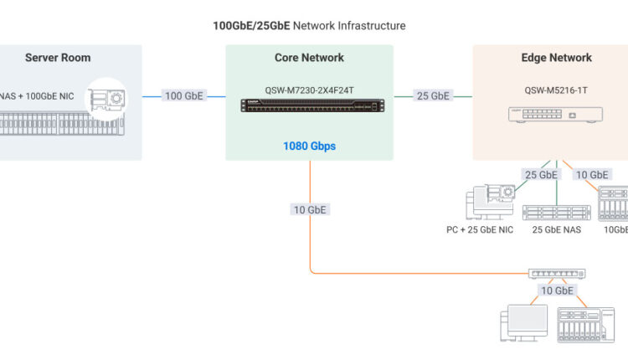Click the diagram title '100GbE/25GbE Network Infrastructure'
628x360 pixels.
coord(309,26)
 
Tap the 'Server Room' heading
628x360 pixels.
coord(58,58)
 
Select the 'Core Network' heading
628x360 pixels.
coord(309,58)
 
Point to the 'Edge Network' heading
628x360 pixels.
coord(556,58)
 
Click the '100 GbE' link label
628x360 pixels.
coord(184,95)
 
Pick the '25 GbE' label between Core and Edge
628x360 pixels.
coord(433,95)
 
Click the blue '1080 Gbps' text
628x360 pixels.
coord(309,147)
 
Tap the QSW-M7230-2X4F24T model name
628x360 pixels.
coord(309,90)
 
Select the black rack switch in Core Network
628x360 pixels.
coord(312,105)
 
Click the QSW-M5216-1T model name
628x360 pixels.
coord(556,90)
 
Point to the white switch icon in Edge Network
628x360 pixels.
coord(555,115)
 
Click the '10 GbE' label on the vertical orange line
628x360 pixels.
coord(310,210)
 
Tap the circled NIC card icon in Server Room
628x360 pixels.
coord(106,99)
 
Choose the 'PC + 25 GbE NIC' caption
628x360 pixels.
coord(480,230)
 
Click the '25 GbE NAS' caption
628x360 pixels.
coord(556,230)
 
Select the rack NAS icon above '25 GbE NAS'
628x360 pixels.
coord(556,213)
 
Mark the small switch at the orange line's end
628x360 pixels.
coord(557,274)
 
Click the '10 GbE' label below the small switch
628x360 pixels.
coord(557,291)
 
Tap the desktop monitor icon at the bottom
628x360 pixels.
coord(524,323)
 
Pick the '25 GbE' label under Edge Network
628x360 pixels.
coord(541,175)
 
